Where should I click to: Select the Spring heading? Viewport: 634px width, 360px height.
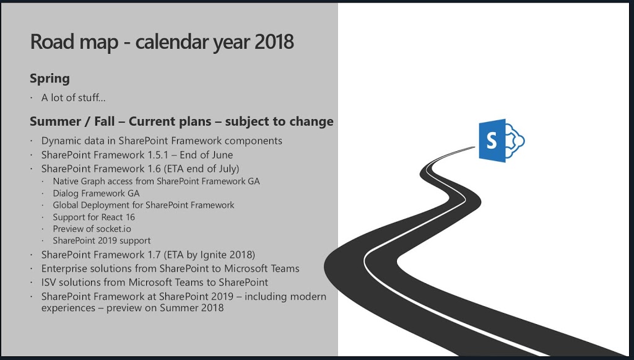(50, 79)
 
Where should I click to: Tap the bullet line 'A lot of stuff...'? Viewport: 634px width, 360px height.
(73, 97)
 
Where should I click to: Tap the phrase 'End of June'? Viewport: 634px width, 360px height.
(206, 155)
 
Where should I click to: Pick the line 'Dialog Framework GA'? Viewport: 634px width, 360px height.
(96, 193)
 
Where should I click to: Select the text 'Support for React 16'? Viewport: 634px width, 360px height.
(94, 217)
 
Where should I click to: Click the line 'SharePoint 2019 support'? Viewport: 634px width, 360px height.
(102, 240)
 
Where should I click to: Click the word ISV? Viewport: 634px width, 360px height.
(48, 283)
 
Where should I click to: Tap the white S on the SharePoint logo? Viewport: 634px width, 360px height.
(491, 141)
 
